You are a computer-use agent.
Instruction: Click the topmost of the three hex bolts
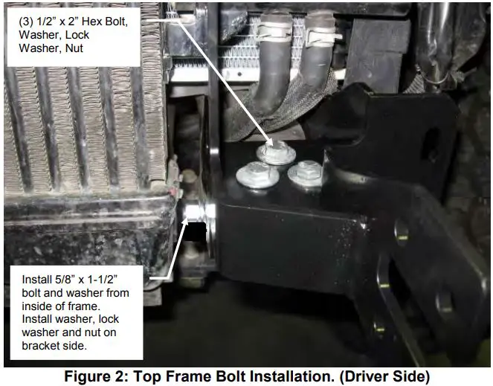tap(276, 152)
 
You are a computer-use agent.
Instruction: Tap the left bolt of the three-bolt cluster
tap(257, 175)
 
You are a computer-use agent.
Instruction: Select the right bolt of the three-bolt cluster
tap(306, 173)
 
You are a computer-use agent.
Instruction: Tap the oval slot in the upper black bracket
tap(432, 144)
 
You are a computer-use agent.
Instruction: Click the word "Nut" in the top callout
tap(74, 48)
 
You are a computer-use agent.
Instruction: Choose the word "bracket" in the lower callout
tap(39, 345)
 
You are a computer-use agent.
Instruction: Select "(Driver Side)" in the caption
tap(384, 376)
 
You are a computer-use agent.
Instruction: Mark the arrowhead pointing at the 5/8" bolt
tap(184, 221)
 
